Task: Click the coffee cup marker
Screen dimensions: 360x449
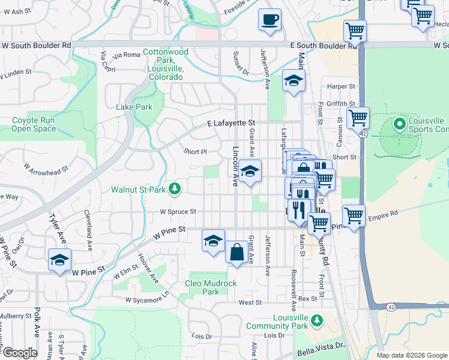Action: (270, 19)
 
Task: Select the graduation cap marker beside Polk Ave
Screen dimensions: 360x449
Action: (59, 260)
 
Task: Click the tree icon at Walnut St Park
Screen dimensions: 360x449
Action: (175, 190)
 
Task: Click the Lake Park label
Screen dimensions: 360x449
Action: (134, 107)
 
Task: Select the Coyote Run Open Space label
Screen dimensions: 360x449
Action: (34, 124)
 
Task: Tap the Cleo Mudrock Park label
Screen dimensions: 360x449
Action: (211, 287)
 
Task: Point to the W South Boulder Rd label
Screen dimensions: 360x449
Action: (37, 45)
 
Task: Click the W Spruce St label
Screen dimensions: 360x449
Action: (178, 212)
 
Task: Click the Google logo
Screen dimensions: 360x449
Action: (19, 353)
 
